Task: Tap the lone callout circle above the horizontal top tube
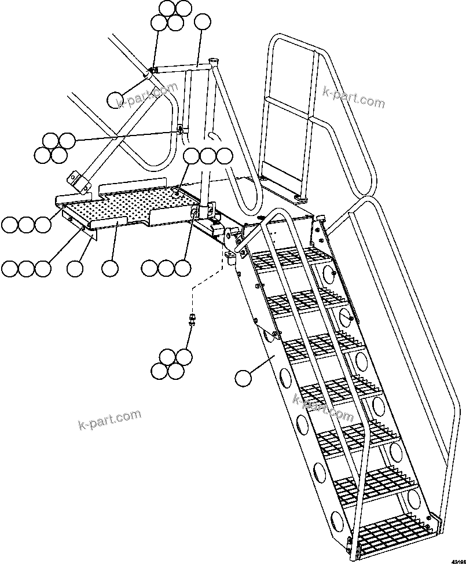203,23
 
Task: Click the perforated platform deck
127,206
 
